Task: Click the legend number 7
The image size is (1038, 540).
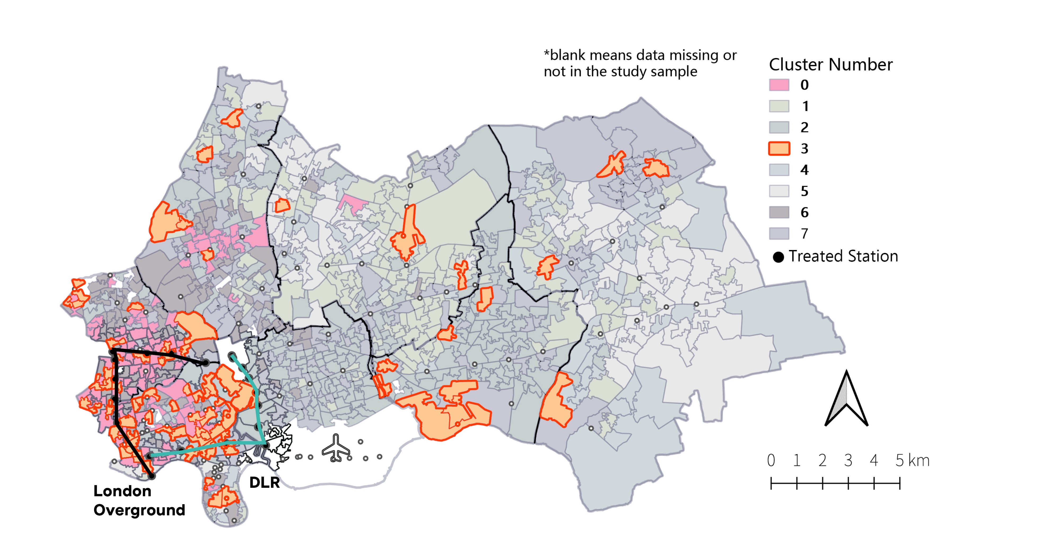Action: [804, 234]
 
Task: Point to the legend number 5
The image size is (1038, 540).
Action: [804, 191]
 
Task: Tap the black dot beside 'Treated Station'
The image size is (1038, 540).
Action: [778, 257]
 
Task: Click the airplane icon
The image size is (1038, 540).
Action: [336, 448]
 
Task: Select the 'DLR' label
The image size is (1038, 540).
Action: [264, 482]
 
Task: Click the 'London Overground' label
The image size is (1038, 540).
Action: [139, 501]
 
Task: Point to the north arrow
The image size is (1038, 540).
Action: [846, 399]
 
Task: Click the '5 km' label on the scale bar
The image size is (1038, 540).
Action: [912, 460]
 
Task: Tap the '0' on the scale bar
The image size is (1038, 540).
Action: [771, 460]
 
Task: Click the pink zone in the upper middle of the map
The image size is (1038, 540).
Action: [351, 202]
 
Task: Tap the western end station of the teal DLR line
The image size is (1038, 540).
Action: [149, 456]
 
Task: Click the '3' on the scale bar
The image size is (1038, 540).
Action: [848, 460]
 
